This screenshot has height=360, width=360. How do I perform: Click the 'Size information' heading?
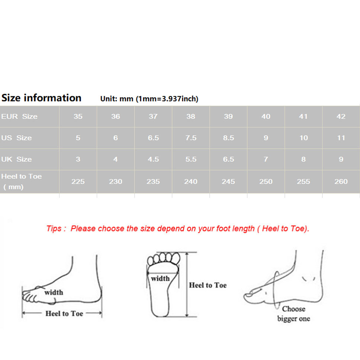tap(41, 98)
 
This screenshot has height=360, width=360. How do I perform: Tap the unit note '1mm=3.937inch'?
tap(167, 99)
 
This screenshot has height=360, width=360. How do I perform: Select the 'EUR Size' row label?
tap(19, 116)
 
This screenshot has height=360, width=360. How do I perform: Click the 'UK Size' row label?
tap(16, 159)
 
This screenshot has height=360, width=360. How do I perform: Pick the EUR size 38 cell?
tap(191, 116)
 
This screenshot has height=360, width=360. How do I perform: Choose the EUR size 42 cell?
tap(341, 116)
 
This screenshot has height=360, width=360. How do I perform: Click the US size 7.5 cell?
tap(191, 138)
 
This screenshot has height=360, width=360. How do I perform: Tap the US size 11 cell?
tap(341, 138)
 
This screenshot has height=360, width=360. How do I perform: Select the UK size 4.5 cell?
tap(153, 159)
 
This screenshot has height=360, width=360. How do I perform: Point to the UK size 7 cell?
tap(266, 159)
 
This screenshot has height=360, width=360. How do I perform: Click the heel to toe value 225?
tap(78, 181)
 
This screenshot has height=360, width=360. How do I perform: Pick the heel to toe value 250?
tap(266, 181)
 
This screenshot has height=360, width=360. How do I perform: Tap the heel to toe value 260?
tap(341, 181)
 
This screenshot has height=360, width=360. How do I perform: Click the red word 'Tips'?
tap(54, 229)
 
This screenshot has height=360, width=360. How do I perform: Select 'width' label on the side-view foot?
tap(54, 292)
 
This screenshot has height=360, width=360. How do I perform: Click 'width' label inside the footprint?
tap(160, 279)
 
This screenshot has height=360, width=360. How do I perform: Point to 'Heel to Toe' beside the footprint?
tap(208, 285)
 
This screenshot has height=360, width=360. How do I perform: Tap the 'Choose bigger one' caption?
tap(294, 314)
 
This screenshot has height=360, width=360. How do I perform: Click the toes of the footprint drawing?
tap(164, 258)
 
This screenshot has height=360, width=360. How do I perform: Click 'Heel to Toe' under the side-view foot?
tap(64, 314)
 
